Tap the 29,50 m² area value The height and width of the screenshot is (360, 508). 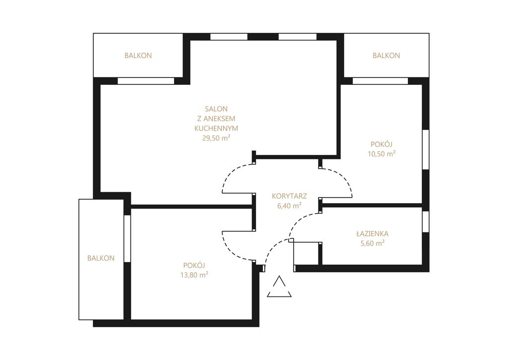click(x=216, y=138)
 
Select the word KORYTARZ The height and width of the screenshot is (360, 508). click(x=289, y=196)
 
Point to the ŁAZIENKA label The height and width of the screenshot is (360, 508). click(x=372, y=233)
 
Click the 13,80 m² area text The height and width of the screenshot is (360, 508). click(x=194, y=275)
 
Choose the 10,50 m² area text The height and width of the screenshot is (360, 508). click(x=381, y=153)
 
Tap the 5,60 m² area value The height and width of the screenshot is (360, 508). click(x=373, y=243)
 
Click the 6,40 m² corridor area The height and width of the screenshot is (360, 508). click(x=289, y=205)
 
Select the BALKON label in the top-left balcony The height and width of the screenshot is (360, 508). click(x=138, y=56)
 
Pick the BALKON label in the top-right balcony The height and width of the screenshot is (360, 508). click(x=386, y=56)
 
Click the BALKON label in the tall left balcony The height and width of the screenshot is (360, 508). click(x=101, y=258)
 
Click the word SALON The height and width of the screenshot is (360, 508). click(x=216, y=109)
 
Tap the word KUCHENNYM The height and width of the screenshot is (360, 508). click(x=216, y=128)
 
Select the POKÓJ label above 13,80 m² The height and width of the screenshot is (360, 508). click(x=194, y=265)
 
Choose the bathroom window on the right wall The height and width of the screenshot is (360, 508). click(x=426, y=221)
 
